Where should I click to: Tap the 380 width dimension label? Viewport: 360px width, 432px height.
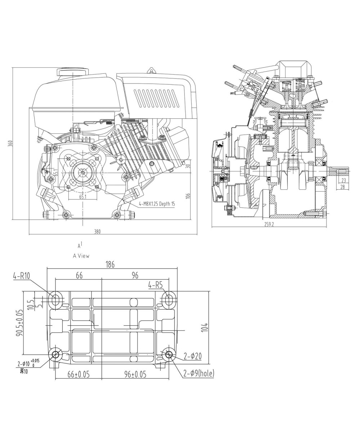click(97, 232)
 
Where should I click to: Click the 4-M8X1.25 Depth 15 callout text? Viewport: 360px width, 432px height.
click(157, 204)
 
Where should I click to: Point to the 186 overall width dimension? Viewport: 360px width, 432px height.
click(110, 265)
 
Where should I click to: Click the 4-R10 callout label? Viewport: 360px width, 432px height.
click(21, 276)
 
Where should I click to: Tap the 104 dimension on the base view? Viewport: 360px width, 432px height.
click(205, 328)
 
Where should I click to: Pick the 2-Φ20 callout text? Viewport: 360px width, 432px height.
click(192, 356)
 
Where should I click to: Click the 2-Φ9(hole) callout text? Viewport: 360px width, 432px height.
click(198, 374)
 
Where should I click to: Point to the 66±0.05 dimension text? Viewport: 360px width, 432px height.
click(78, 374)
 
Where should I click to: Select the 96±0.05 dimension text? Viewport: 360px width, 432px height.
click(135, 374)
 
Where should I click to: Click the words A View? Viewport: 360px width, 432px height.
click(81, 256)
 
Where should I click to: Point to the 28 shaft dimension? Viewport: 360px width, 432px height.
click(342, 187)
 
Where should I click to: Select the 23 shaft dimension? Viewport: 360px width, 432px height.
click(343, 180)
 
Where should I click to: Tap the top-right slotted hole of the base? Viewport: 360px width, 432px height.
click(168, 299)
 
